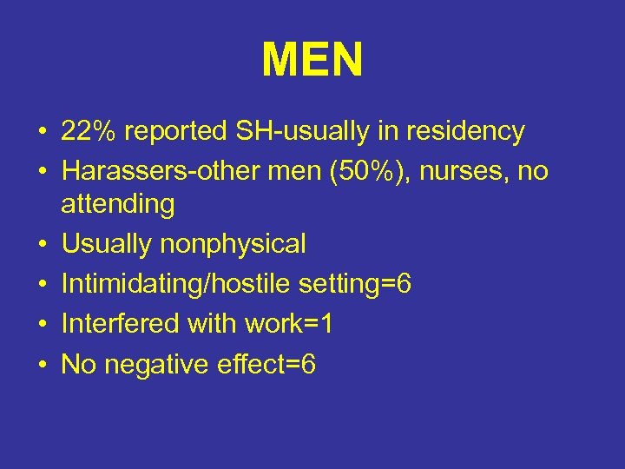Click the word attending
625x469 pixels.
point(117,204)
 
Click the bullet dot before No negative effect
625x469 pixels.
point(42,365)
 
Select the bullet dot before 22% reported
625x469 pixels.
point(42,132)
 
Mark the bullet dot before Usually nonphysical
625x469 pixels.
point(42,245)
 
